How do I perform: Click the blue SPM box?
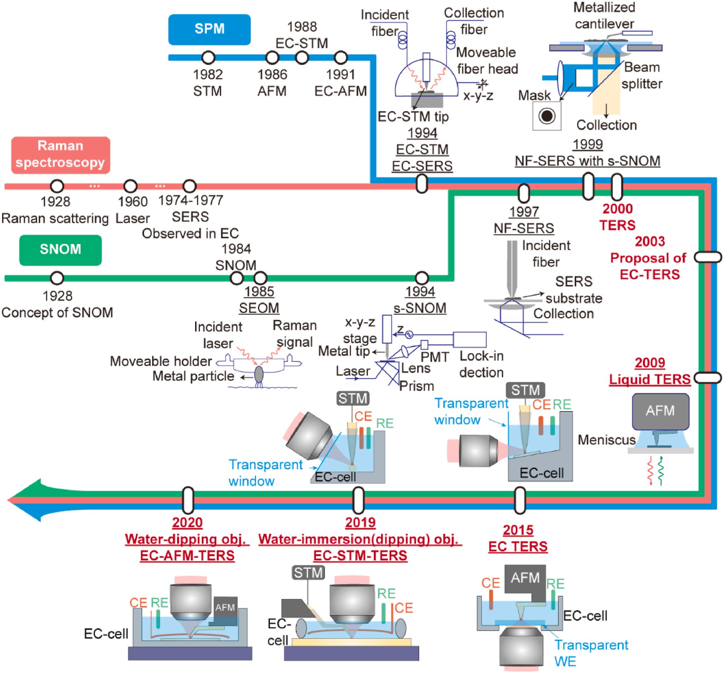pyautogui.click(x=209, y=29)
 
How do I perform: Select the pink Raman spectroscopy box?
pyautogui.click(x=60, y=154)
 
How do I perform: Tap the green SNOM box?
pyautogui.click(x=60, y=250)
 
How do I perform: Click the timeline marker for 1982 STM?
pyautogui.click(x=208, y=58)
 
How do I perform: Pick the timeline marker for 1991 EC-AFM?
pyautogui.click(x=340, y=58)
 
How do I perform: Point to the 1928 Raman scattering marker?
pyautogui.click(x=57, y=186)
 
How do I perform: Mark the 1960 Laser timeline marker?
pyautogui.click(x=130, y=186)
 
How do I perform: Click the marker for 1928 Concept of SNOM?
pyautogui.click(x=57, y=278)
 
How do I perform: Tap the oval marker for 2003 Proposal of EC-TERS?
pyautogui.click(x=707, y=257)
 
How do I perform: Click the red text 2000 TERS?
pyautogui.click(x=618, y=217)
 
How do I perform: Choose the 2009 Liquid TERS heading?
pyautogui.click(x=650, y=371)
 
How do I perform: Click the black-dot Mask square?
pyautogui.click(x=547, y=116)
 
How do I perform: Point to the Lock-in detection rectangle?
pyautogui.click(x=469, y=339)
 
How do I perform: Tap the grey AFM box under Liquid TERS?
pyautogui.click(x=661, y=411)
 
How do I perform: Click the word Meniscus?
pyautogui.click(x=606, y=440)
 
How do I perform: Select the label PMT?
pyautogui.click(x=435, y=357)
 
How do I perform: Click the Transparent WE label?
pyautogui.click(x=591, y=652)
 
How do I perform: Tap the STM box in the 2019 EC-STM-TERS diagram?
pyautogui.click(x=309, y=573)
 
